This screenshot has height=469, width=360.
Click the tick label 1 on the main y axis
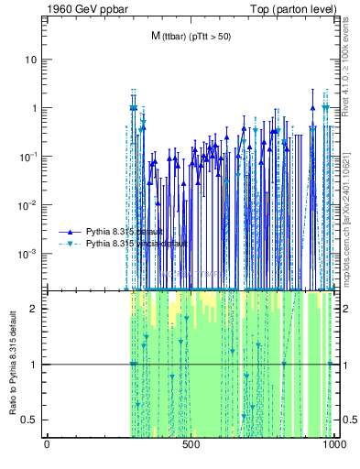pyautogui.click(x=35, y=108)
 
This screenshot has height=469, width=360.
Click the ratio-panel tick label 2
pyautogui.click(x=35, y=309)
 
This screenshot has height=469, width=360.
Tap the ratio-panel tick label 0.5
pyautogui.click(x=31, y=420)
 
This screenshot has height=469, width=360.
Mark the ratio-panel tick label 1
pyautogui.click(x=35, y=365)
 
